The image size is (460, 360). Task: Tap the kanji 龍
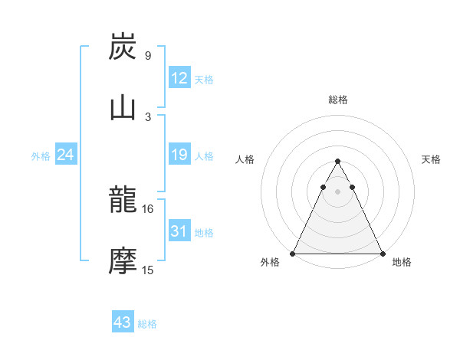[x=123, y=201]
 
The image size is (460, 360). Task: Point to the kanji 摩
[x=123, y=261]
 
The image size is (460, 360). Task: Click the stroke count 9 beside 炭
[x=147, y=56]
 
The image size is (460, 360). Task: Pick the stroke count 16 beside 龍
[x=147, y=208]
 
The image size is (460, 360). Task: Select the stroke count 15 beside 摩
[x=147, y=270]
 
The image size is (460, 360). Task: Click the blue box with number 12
[x=179, y=78]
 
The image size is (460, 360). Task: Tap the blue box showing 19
[x=179, y=155]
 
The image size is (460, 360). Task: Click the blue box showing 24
[x=65, y=155]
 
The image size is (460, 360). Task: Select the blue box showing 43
[x=122, y=322]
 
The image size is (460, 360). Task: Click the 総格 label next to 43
[x=147, y=324]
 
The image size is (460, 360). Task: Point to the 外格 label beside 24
[x=41, y=156]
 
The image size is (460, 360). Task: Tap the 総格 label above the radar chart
[x=337, y=100]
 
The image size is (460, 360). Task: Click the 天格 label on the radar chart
[x=431, y=159]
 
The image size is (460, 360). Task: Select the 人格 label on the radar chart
[x=244, y=159]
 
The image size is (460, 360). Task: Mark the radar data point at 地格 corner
[x=382, y=253]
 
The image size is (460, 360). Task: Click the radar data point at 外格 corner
[x=293, y=253]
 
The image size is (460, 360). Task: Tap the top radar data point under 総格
[x=337, y=161]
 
